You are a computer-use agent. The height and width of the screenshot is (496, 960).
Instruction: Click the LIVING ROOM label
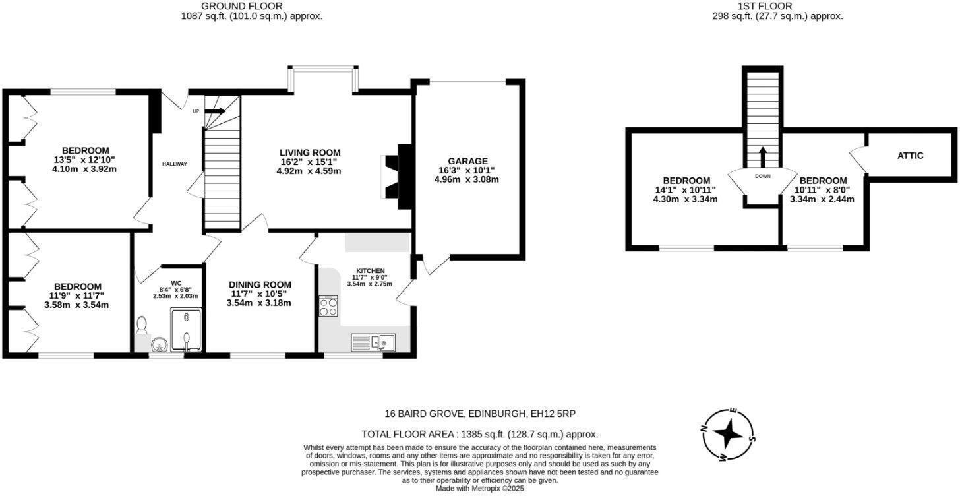pos(310,152)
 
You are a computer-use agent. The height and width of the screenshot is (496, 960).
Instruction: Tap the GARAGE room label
pos(467,161)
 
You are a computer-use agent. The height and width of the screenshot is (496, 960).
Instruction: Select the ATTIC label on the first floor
pos(910,156)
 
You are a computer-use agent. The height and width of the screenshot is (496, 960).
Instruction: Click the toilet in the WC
pos(141,325)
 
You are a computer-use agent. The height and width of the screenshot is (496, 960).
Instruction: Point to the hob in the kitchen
pos(328,306)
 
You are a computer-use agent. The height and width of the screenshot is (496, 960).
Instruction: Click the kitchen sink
pos(373,342)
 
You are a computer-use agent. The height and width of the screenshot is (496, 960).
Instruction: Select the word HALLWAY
pos(175,164)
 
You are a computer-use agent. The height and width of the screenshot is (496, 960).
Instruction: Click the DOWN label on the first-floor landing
pos(762,177)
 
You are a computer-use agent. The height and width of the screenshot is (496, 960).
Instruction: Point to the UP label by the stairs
pos(196,111)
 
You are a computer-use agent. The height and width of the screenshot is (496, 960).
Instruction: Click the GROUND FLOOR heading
pos(252,6)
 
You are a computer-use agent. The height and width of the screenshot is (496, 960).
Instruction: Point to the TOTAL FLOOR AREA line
pos(480,434)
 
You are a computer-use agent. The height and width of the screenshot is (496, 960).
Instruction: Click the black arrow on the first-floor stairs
pos(762,158)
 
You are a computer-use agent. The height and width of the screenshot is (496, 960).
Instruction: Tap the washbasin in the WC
pos(159,344)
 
